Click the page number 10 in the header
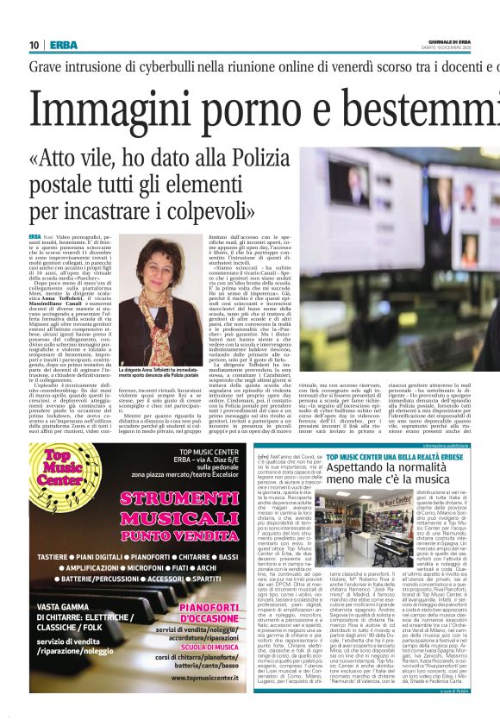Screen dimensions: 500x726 point(34,45)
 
